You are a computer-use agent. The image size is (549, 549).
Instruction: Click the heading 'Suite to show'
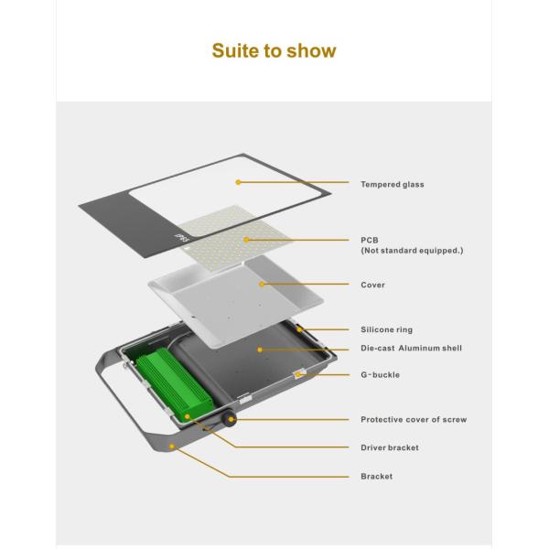coord(274,50)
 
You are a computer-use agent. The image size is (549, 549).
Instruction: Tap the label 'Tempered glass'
coord(392,185)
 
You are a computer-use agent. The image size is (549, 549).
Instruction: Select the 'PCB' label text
coord(369,241)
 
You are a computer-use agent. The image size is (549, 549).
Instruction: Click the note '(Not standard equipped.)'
coord(411,251)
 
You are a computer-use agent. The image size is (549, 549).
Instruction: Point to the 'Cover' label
coord(372,285)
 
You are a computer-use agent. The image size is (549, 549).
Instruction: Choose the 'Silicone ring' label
coord(386,329)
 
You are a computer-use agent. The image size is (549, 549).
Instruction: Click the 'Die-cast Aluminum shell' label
coord(411,349)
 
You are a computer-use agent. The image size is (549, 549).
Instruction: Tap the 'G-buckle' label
coord(380,375)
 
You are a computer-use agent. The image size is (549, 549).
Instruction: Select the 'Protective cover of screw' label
coord(414,420)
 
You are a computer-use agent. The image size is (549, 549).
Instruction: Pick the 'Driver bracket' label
coord(390,448)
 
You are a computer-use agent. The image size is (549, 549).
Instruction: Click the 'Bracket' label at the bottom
coord(376,477)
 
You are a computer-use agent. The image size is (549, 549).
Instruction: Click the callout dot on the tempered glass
coord(238,182)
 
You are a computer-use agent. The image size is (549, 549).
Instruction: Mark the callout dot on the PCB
coord(246,240)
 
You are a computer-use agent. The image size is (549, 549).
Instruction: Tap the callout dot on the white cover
coord(262,285)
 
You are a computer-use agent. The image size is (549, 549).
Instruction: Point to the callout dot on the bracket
coord(173,447)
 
